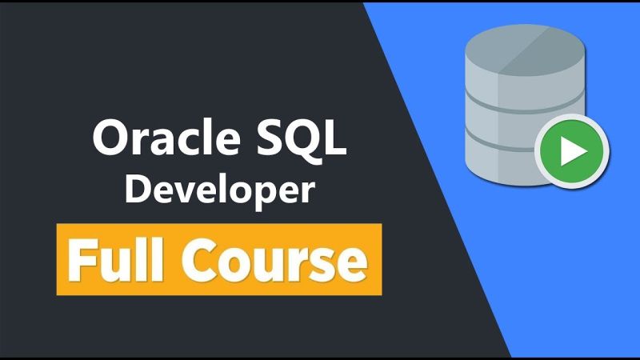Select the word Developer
pos(219,192)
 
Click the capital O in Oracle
pos(110,139)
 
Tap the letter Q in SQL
pos(312,141)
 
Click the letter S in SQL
pos(281,139)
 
